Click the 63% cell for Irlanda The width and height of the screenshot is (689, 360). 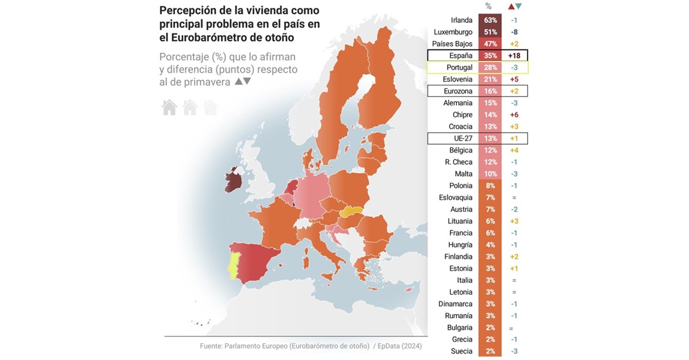(490, 20)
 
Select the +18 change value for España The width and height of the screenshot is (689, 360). (514, 56)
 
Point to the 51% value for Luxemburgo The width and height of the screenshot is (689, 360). (490, 32)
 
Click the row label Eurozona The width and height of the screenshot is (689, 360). (458, 91)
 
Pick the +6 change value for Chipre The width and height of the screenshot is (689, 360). (514, 115)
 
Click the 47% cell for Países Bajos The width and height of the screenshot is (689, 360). (490, 44)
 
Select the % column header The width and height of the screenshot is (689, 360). (488, 6)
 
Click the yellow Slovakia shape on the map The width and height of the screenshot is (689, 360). (351, 211)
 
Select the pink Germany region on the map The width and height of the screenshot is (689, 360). (313, 198)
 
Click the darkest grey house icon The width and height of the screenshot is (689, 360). (169, 107)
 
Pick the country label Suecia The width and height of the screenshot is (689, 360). (461, 351)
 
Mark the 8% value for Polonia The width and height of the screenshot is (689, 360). (490, 185)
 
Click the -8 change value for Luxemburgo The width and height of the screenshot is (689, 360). (514, 32)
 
